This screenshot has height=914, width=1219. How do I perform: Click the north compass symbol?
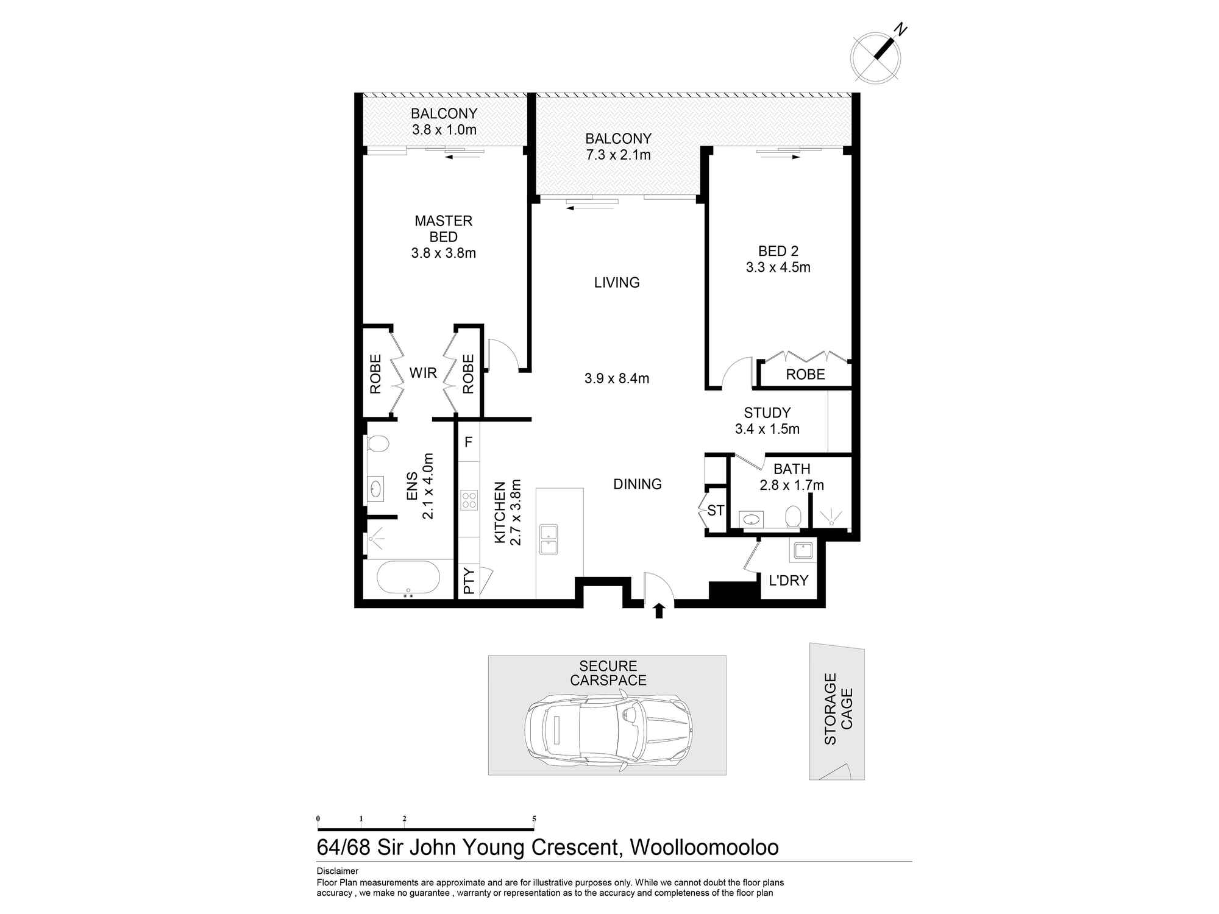[x=876, y=56]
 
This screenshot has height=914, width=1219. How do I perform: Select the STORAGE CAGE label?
[x=839, y=709]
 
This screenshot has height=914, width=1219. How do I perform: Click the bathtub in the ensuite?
[x=408, y=578]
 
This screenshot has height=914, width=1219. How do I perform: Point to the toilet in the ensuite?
[x=378, y=443]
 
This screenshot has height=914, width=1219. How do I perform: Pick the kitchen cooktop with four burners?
[x=469, y=501]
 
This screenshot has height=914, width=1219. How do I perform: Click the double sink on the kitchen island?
[x=549, y=539]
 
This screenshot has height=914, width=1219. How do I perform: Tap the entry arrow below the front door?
[x=659, y=611]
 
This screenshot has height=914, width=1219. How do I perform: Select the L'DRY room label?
[x=788, y=581]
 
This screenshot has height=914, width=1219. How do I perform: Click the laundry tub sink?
[x=802, y=551]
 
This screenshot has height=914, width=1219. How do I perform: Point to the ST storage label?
[x=716, y=510]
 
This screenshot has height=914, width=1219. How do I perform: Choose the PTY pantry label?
[x=469, y=581]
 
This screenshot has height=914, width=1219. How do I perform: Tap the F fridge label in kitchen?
[x=469, y=442]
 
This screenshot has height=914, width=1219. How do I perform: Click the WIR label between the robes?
[x=423, y=373]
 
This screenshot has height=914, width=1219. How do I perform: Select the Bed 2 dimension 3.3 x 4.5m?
[x=778, y=267]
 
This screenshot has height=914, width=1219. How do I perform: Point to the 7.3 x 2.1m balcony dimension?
[x=619, y=155]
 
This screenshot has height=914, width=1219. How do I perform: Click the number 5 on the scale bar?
[x=535, y=818]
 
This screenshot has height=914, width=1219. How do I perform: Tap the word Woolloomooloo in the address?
[x=704, y=848]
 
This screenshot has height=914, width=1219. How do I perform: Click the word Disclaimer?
[x=338, y=871]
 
